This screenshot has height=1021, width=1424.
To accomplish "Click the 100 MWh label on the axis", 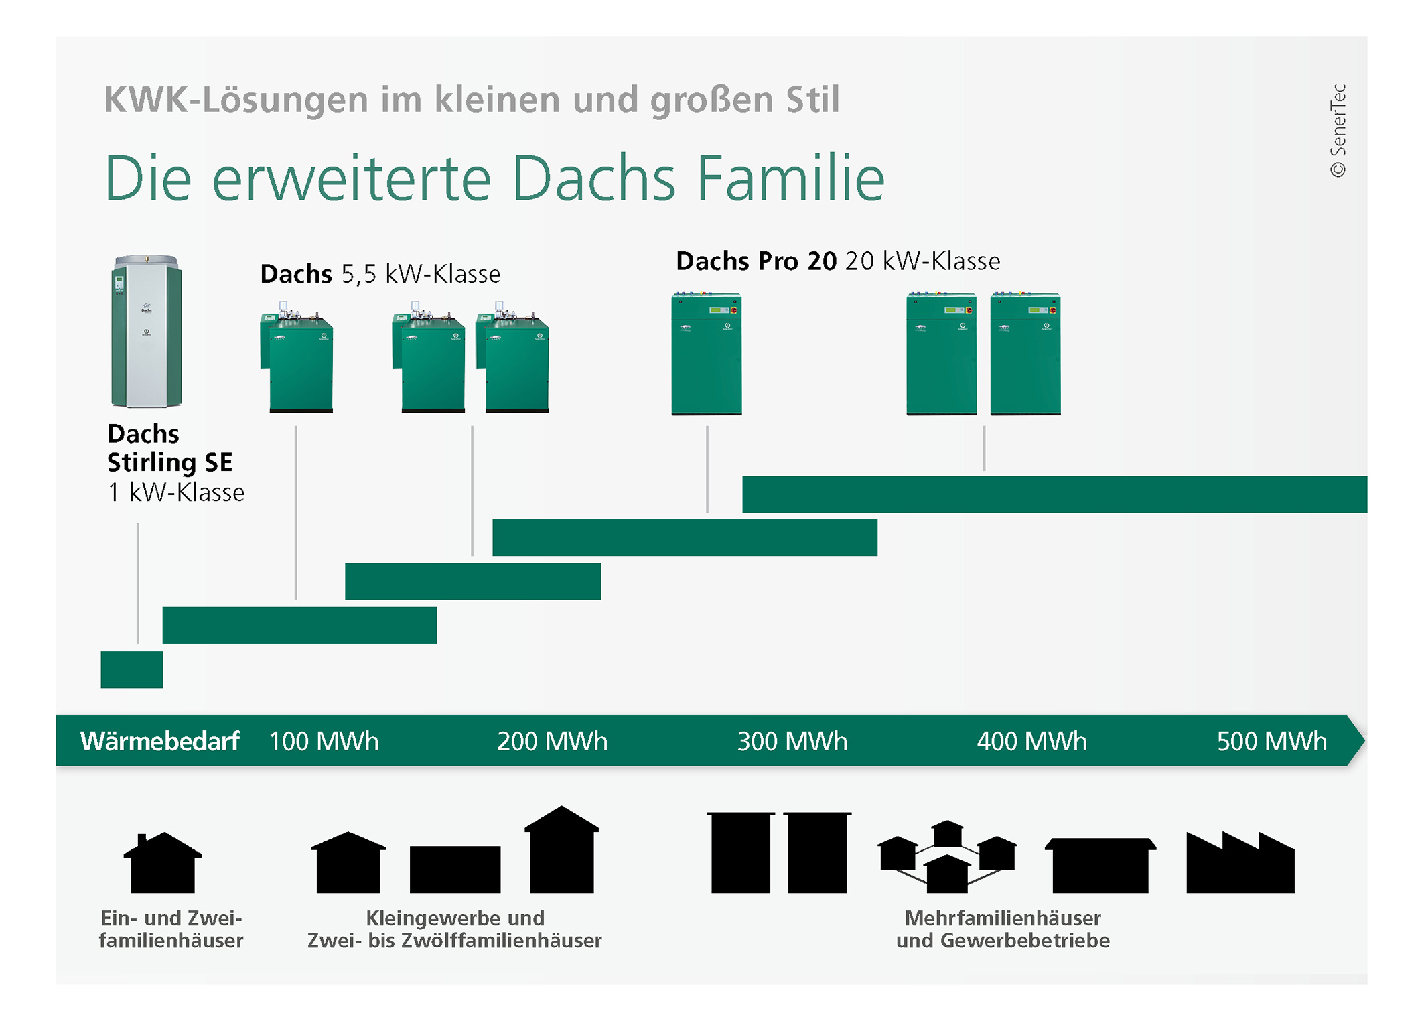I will [324, 741].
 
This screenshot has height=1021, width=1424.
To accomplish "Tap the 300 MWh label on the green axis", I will [792, 741].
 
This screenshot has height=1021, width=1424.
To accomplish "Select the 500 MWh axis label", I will [1271, 741].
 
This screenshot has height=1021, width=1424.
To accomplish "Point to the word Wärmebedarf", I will [159, 741].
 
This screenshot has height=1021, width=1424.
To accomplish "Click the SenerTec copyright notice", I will [1338, 130].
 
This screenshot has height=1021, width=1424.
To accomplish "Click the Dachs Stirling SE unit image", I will [146, 331].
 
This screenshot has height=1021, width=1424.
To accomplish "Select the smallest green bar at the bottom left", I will [132, 669].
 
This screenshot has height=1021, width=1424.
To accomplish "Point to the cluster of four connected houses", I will [947, 858].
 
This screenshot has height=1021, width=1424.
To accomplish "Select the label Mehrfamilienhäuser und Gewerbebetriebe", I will [1003, 929].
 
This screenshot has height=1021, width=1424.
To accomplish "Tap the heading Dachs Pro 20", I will [756, 261].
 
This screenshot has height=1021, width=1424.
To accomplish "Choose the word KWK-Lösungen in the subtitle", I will [236, 100].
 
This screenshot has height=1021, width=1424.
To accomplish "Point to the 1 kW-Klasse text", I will [176, 492].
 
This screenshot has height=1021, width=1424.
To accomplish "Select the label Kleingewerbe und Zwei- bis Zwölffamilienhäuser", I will [455, 929].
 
